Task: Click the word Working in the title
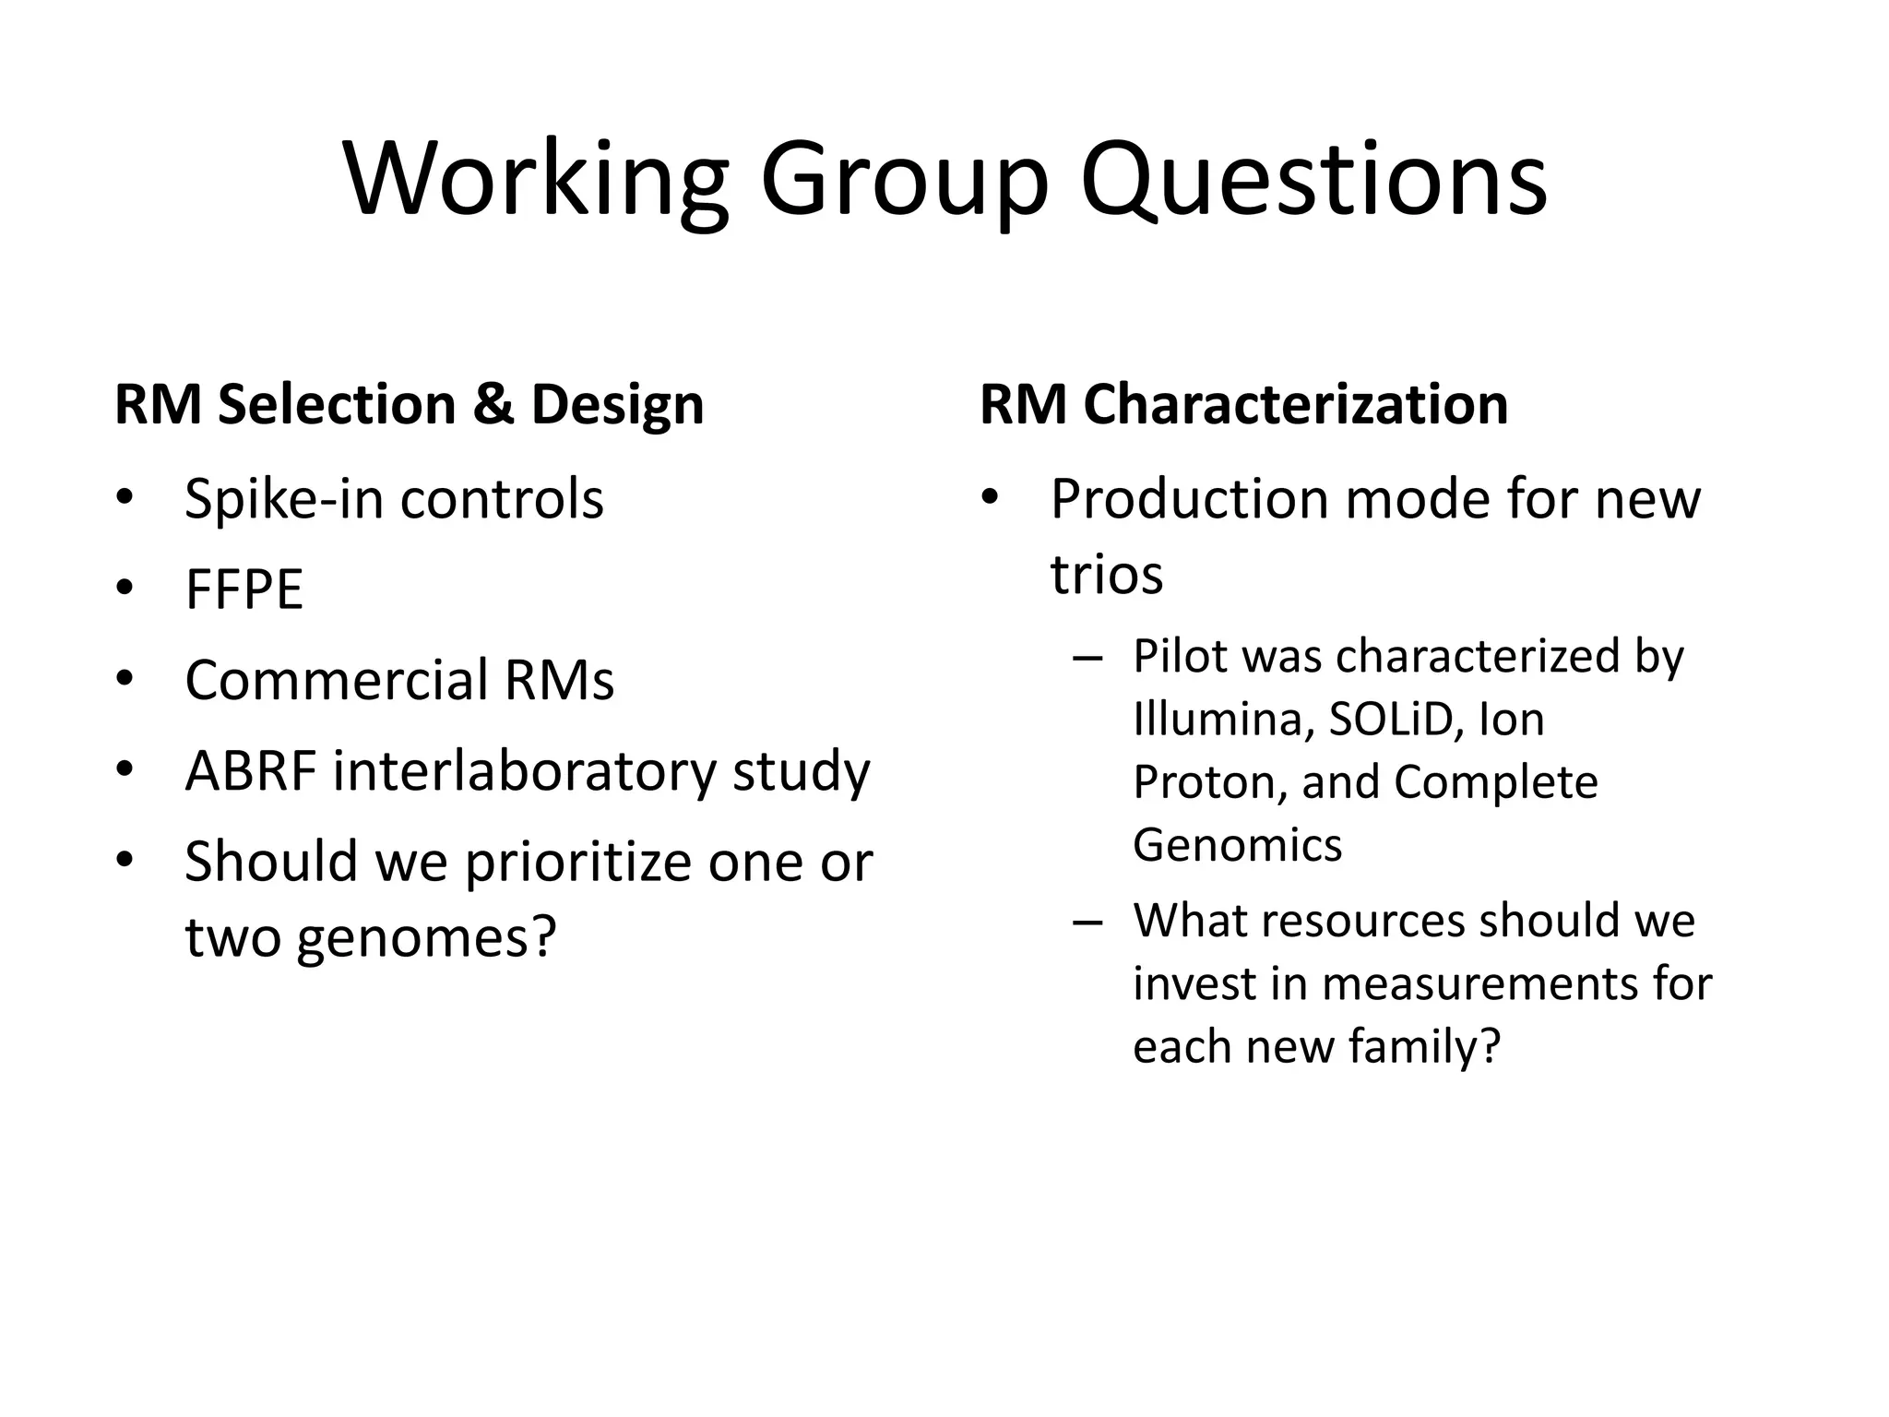point(536,180)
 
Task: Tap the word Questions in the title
point(1313,180)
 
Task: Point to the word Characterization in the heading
point(1295,404)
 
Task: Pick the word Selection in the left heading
point(337,404)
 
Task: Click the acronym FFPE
point(244,590)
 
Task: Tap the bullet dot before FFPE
point(125,588)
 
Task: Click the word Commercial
point(336,680)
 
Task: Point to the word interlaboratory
point(524,770)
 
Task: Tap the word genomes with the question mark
point(427,937)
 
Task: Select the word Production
point(1189,500)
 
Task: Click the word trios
point(1106,575)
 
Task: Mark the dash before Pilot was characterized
point(1088,658)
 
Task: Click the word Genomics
point(1237,845)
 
